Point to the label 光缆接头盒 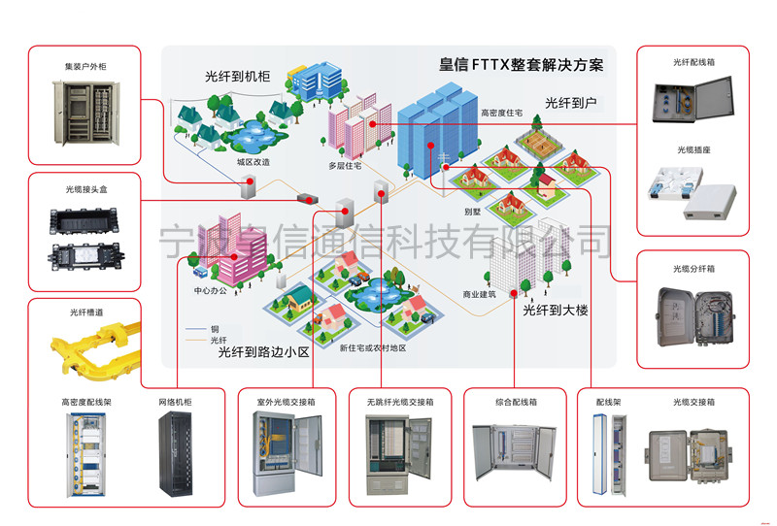click(81, 189)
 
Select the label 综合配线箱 click(516, 401)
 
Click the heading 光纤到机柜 click(238, 75)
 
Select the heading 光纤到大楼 click(556, 311)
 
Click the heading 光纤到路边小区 click(262, 352)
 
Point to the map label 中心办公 click(210, 290)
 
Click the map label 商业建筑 click(479, 293)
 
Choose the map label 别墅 click(473, 210)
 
